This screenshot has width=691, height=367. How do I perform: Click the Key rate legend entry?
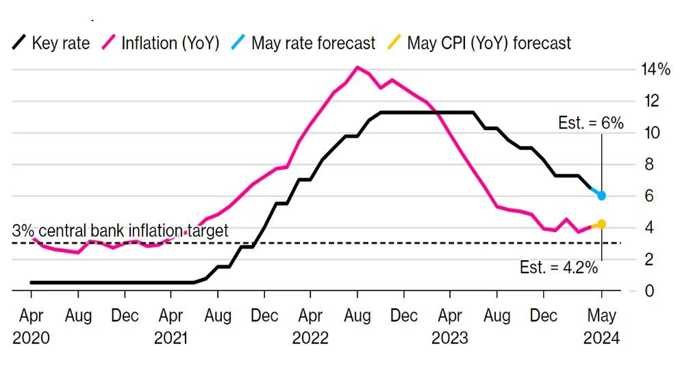[51, 43]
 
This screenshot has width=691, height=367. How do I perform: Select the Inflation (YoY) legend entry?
[161, 43]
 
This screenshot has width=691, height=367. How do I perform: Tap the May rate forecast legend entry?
[303, 43]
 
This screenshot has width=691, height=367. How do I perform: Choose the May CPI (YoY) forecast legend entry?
[479, 43]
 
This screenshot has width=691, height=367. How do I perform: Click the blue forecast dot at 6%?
[601, 196]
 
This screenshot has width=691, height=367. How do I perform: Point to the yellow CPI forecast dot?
[601, 225]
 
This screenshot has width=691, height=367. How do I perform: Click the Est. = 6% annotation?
[591, 123]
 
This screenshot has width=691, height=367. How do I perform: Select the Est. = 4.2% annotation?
[559, 268]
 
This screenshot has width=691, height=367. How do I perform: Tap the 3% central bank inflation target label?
[121, 231]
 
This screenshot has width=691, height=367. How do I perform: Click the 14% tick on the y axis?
[656, 69]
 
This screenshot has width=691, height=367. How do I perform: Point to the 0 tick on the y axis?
[649, 291]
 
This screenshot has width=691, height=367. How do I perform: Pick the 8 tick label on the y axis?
[649, 164]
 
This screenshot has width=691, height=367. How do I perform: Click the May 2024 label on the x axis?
[601, 327]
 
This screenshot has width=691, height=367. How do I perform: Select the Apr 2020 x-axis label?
[31, 327]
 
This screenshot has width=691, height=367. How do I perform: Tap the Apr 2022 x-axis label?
[310, 327]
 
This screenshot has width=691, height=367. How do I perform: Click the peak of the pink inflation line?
[357, 67]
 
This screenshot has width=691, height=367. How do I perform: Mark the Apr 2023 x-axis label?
[450, 327]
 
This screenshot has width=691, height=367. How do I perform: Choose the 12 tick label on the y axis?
[652, 101]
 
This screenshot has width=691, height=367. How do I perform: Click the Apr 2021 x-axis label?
[171, 327]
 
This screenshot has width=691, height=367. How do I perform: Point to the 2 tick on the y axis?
[649, 259]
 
